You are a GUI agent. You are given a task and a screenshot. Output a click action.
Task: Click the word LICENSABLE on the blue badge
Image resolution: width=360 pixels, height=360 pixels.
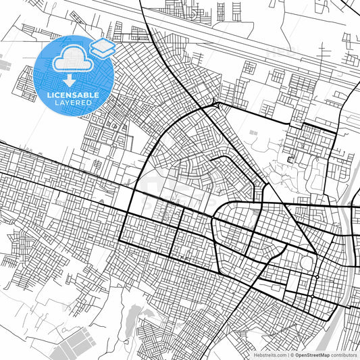click(73, 95)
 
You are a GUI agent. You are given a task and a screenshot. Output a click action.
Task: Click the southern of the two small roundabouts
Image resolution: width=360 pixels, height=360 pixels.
click(315, 277)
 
